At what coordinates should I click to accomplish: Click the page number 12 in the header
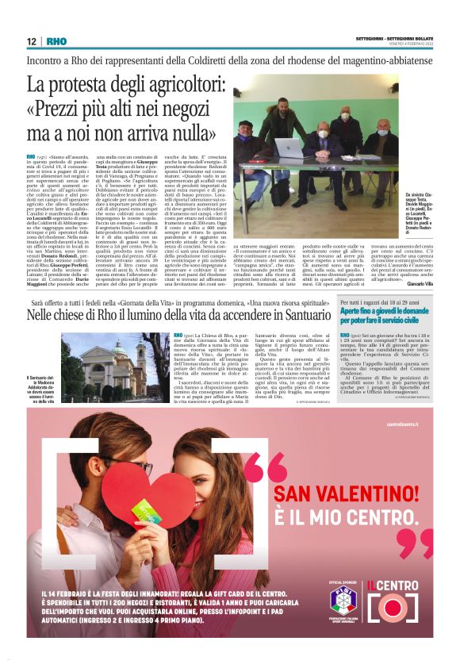tap(32, 41)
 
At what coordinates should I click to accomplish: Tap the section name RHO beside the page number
tap(56, 41)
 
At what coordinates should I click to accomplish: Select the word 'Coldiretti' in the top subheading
tap(224, 60)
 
